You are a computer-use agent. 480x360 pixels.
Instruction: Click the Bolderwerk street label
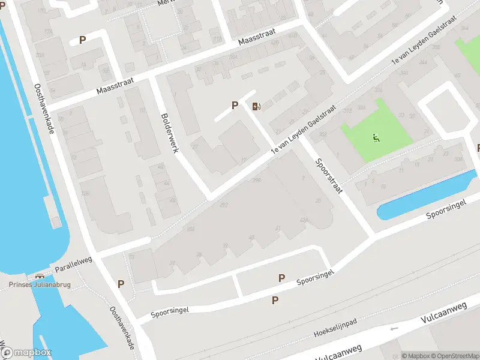(169, 133)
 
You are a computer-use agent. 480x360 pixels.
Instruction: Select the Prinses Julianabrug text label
(38, 285)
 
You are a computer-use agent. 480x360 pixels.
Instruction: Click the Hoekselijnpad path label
(335, 330)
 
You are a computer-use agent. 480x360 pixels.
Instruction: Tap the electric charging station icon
(256, 107)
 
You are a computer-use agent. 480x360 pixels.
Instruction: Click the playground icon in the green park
(376, 139)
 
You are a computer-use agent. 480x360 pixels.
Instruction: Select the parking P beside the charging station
(235, 105)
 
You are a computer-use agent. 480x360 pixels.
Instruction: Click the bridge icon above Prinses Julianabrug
(40, 277)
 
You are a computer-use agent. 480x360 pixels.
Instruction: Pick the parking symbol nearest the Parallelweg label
(121, 284)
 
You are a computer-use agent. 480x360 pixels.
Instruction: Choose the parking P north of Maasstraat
(82, 40)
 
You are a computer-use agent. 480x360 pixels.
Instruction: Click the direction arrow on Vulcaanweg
(394, 328)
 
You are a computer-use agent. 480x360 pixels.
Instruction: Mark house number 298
(257, 180)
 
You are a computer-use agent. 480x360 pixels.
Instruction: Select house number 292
(224, 205)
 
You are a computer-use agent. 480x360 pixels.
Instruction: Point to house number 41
(278, 228)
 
